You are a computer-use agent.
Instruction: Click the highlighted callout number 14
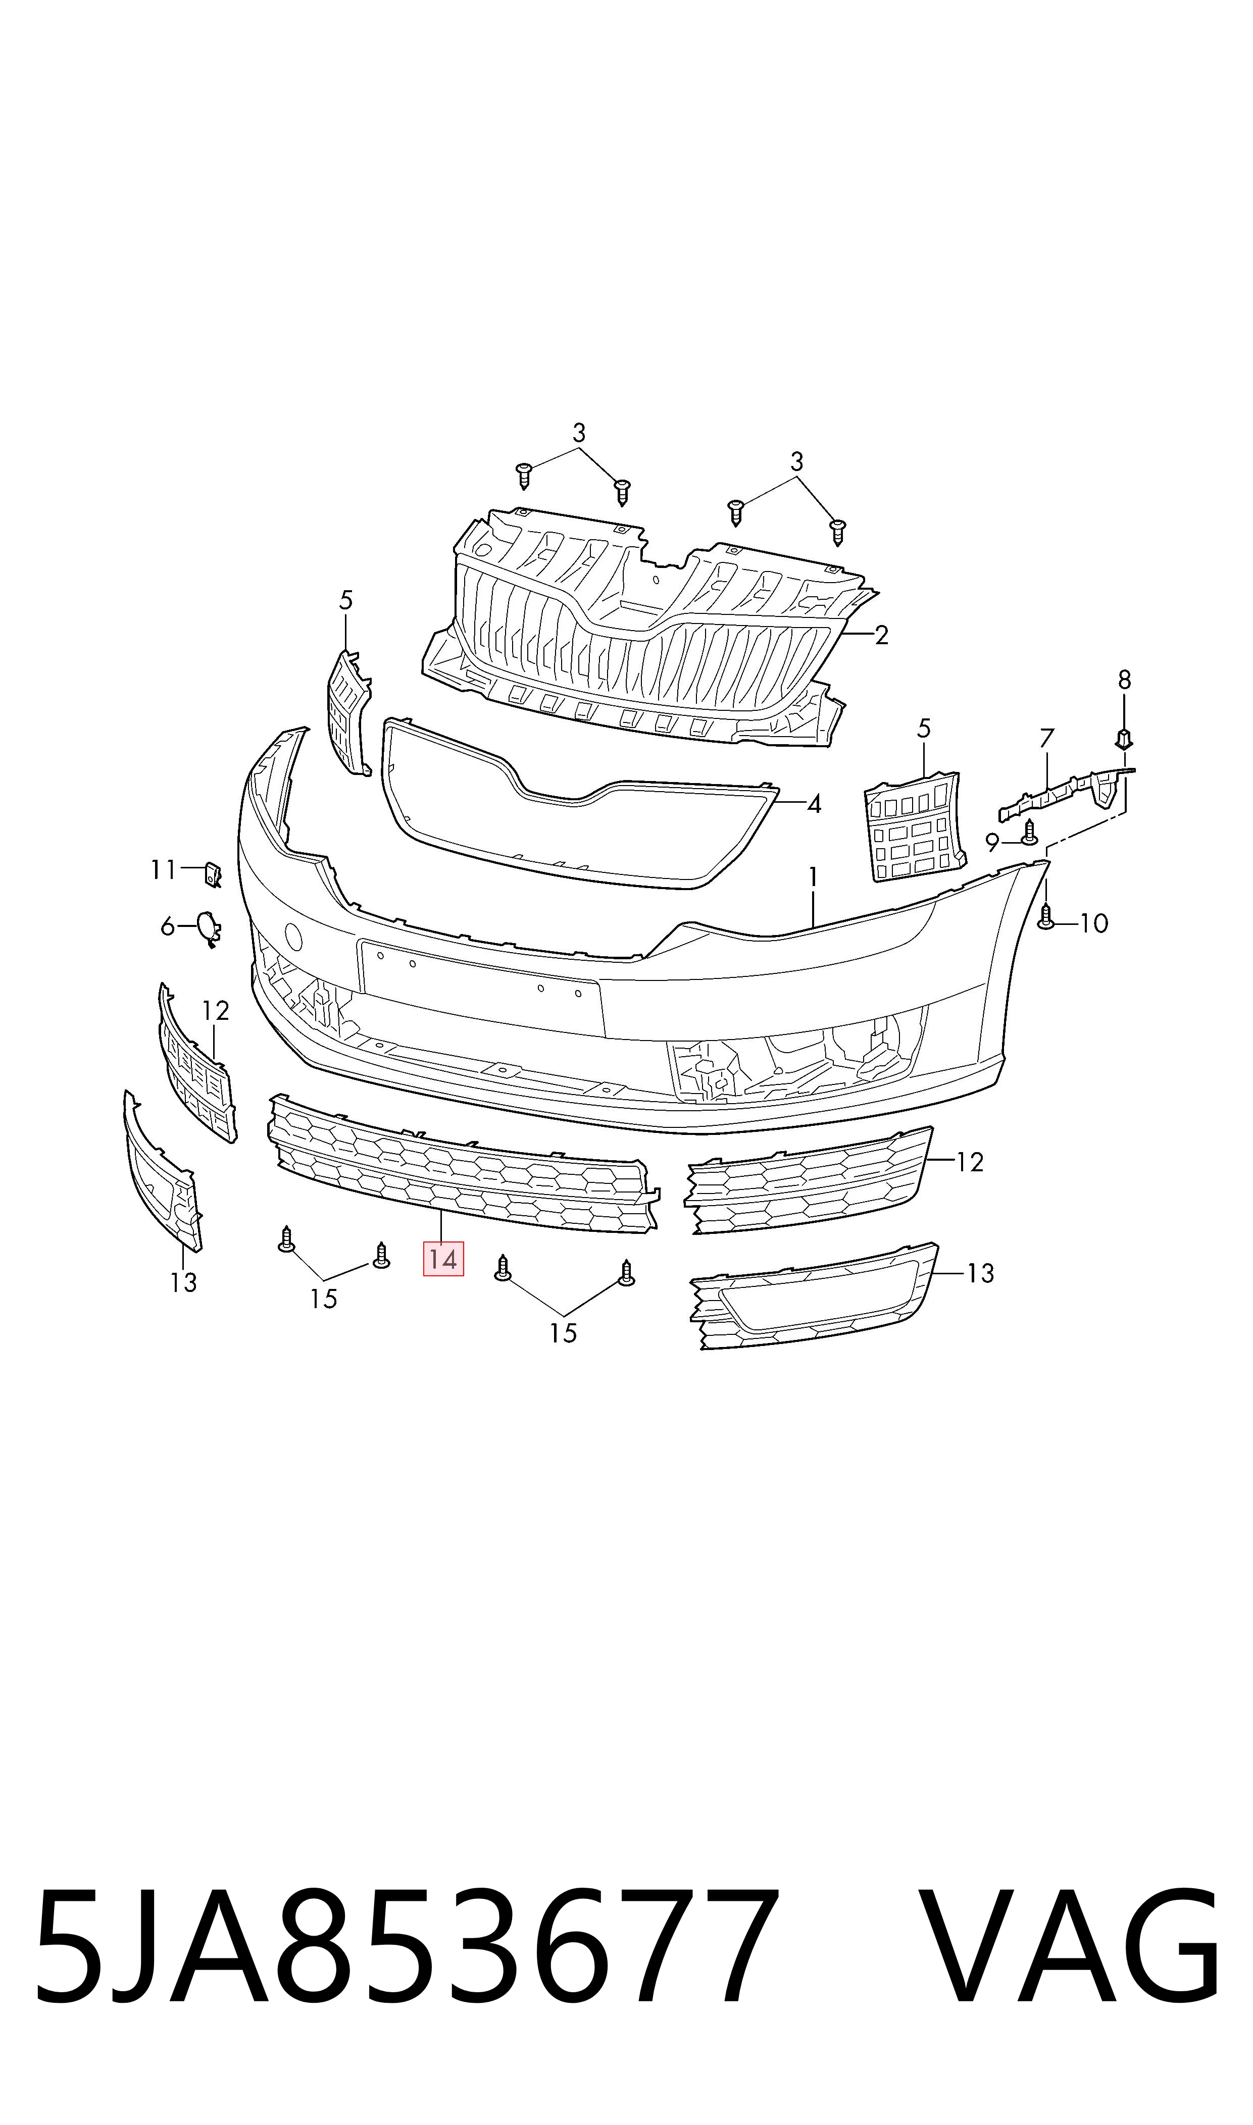point(443,1260)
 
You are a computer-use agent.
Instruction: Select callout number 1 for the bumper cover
point(813,877)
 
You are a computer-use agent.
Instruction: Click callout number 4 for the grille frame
point(814,804)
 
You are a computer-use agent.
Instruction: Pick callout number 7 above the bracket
point(1047,739)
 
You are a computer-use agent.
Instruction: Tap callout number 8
point(1124,680)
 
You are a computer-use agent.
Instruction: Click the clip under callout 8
point(1124,739)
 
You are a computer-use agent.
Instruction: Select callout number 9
point(992,842)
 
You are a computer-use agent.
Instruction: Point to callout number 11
point(163,869)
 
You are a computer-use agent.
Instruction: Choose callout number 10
point(1094,923)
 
